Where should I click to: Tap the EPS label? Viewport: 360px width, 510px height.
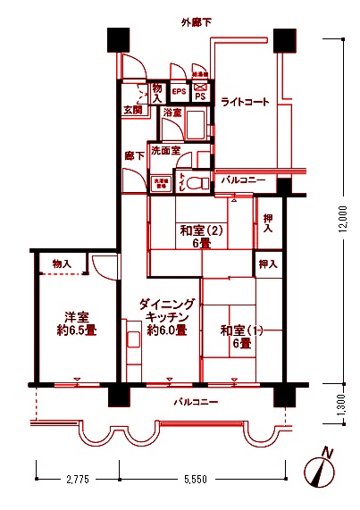click(178, 91)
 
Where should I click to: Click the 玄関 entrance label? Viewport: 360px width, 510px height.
click(133, 111)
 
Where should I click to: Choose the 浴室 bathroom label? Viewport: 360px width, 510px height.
click(172, 113)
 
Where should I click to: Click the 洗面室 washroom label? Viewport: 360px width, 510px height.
click(165, 151)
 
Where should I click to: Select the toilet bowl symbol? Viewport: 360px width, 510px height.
click(199, 182)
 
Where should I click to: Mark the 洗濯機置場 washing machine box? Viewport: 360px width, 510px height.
click(162, 182)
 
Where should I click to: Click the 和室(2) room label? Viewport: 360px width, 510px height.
click(200, 236)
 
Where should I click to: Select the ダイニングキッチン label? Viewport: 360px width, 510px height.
click(167, 318)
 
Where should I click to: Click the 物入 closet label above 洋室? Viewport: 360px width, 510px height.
click(62, 264)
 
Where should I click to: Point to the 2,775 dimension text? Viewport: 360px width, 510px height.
click(78, 481)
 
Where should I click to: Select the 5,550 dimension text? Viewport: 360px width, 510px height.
click(197, 481)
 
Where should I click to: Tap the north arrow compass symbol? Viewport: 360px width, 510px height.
click(322, 470)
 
